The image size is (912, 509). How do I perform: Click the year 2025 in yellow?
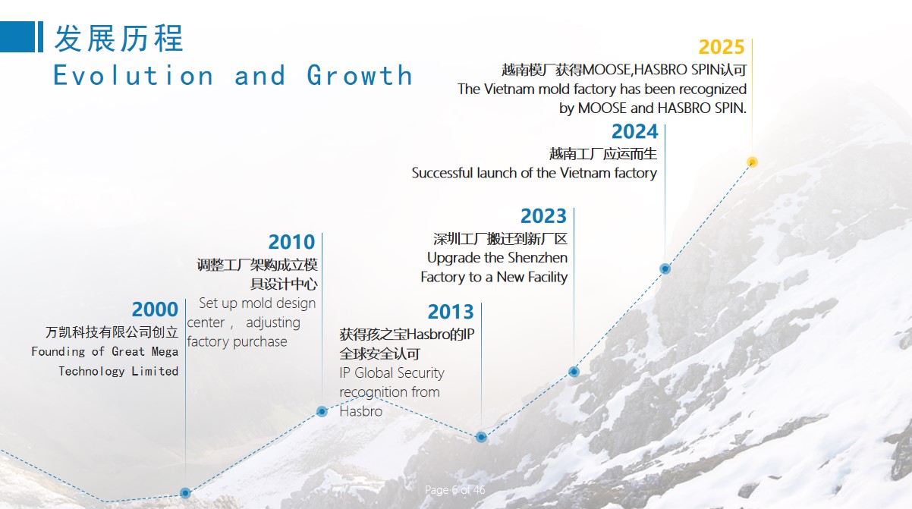722,47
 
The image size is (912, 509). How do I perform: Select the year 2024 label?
635,131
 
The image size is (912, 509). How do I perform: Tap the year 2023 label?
543,216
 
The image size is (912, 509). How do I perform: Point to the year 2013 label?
451,312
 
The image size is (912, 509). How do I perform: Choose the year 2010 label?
291,242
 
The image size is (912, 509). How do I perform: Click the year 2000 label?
155,309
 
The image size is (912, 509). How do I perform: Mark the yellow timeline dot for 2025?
752,162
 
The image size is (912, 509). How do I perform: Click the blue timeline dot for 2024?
665,269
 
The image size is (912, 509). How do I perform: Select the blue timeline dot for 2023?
574,372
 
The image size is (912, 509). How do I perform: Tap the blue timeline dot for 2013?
481,437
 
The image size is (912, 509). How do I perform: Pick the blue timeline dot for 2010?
322,411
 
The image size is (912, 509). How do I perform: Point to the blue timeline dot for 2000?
185,493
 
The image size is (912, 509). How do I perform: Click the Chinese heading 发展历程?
119,38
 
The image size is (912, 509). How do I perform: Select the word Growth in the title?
360,75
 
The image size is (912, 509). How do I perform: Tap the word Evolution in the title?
134,75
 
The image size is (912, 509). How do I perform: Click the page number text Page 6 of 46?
454,490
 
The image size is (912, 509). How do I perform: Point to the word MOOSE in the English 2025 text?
602,108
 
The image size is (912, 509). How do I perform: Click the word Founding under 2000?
58,352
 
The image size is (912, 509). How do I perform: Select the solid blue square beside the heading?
17,36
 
